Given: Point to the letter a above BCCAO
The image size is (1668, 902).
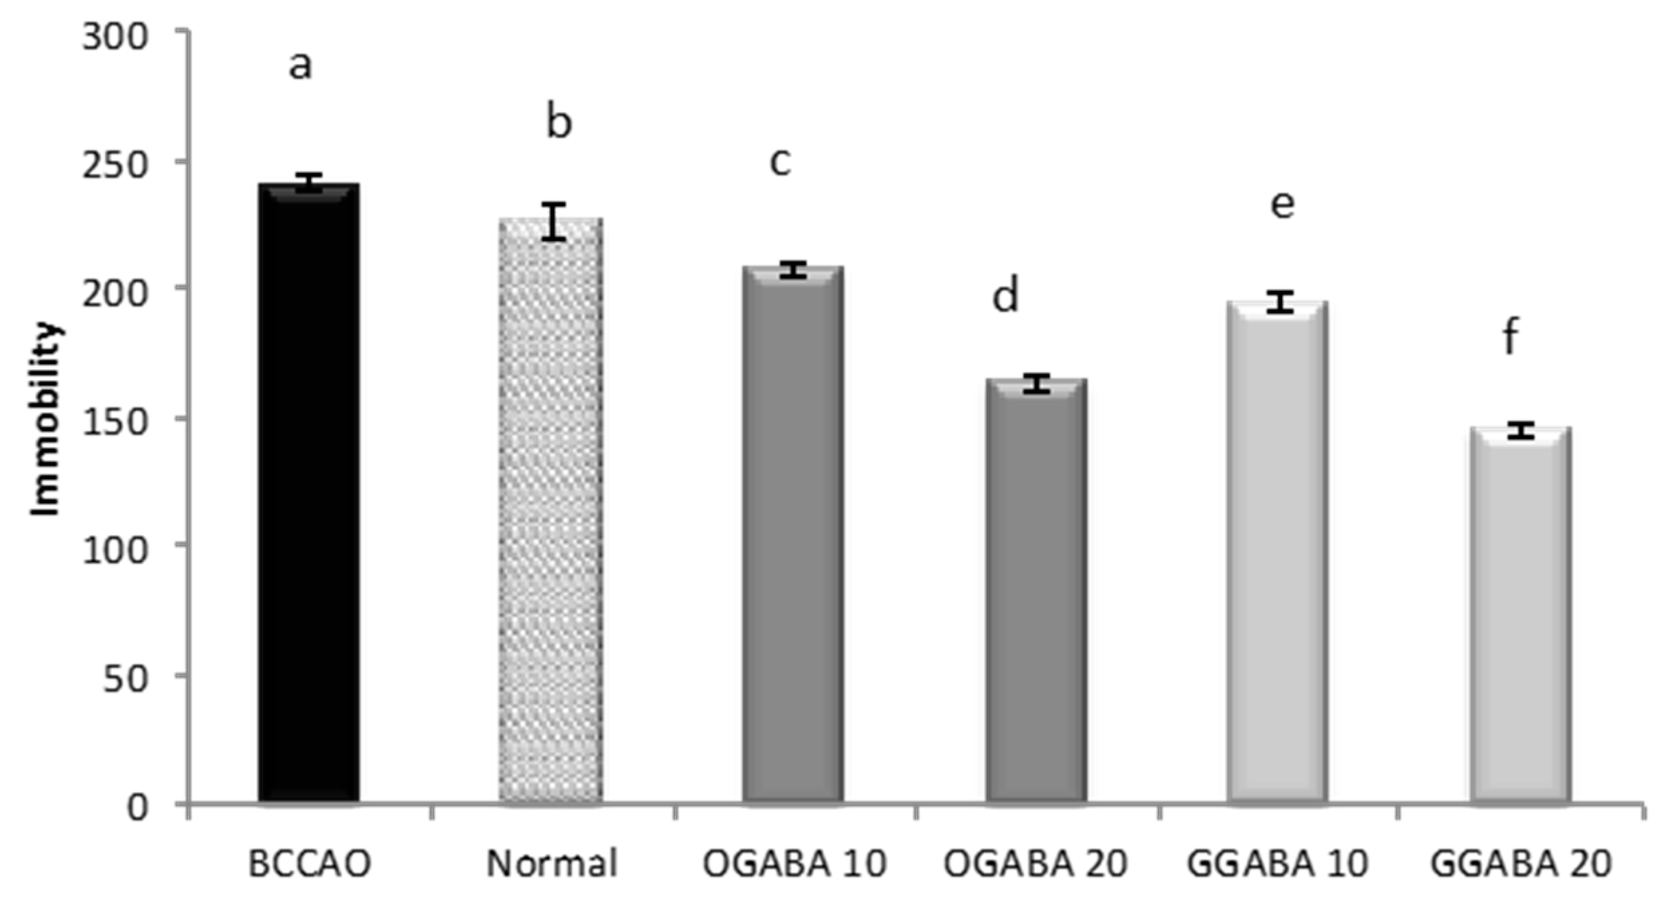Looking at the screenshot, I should (x=300, y=66).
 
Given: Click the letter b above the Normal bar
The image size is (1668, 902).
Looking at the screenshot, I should (x=559, y=122).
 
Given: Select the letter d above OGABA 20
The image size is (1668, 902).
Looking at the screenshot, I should (x=1005, y=296).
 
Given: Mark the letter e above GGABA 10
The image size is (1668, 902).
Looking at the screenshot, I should (x=1282, y=204).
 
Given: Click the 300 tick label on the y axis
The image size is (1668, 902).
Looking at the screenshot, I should (x=114, y=37).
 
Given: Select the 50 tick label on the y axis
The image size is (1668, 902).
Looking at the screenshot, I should (x=124, y=680).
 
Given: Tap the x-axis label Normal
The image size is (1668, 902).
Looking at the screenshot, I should (x=551, y=865).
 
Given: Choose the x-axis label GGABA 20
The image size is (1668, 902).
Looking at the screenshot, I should (x=1520, y=865).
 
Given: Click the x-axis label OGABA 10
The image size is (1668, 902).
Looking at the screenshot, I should (x=795, y=865).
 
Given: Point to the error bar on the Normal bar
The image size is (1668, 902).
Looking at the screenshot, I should (x=554, y=221).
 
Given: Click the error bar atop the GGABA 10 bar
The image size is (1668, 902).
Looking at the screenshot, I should (x=1280, y=302).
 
